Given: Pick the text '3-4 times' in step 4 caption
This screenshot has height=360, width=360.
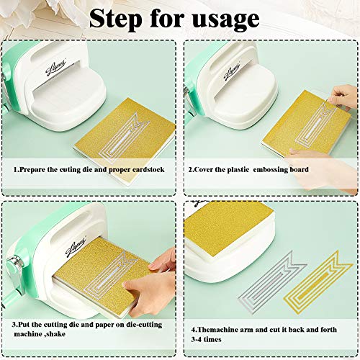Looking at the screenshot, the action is (206, 339).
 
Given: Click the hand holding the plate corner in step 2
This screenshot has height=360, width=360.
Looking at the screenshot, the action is (343, 96).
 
